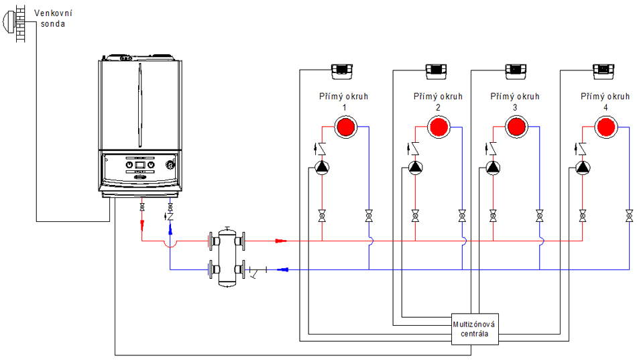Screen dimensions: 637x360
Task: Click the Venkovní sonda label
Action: coord(53,18)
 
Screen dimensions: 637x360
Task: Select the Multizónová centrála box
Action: coord(475,329)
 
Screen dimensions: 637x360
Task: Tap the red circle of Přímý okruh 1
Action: coord(346,127)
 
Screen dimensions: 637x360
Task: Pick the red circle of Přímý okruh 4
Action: coord(606,127)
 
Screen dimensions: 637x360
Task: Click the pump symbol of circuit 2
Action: coord(415,168)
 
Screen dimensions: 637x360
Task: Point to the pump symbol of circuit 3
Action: coord(493,168)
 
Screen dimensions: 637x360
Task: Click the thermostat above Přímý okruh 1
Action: coord(342,72)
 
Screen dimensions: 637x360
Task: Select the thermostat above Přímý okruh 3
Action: coord(516,72)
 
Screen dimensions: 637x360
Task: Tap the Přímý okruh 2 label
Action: coord(438,102)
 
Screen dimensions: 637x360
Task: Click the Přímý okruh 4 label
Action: coord(605,102)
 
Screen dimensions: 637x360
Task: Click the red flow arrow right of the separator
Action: coord(281,241)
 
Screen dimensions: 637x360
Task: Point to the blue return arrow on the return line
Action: coord(282,269)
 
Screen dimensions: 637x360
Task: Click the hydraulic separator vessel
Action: coord(227,257)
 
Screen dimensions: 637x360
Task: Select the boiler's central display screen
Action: coord(139,165)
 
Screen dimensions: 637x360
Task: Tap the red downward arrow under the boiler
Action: coord(142,225)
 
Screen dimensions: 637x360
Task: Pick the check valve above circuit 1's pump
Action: coord(321,149)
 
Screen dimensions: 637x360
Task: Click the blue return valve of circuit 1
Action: coord(369,216)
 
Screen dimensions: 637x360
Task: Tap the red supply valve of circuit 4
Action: coord(583,216)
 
